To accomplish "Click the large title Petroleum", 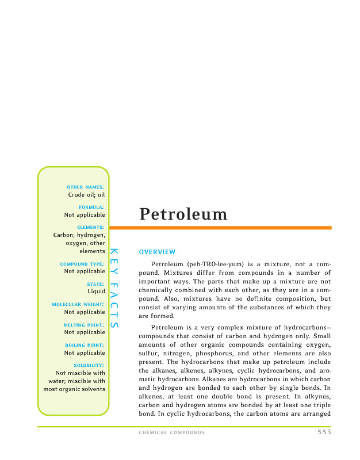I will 183,214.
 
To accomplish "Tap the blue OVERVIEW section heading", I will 157,252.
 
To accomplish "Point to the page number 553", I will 324,432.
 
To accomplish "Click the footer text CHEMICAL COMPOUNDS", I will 172,432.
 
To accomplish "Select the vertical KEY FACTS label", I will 113,289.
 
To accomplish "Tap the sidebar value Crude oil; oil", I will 86,194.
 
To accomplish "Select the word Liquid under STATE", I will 96,292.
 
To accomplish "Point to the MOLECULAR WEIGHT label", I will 78,304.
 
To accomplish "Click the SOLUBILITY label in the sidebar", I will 89,365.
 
